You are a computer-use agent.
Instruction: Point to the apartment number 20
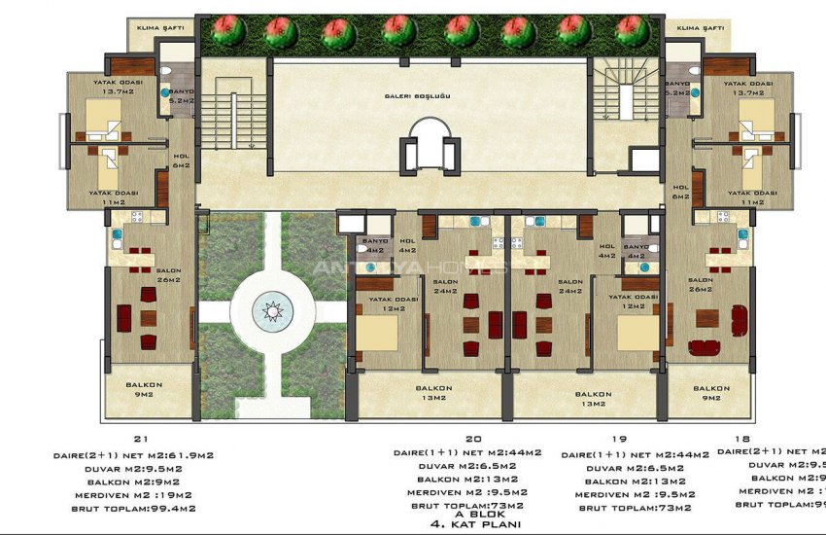point(472,439)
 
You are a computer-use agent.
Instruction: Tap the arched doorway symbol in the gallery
point(428,144)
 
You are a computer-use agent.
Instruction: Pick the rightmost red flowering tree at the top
point(634,31)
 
